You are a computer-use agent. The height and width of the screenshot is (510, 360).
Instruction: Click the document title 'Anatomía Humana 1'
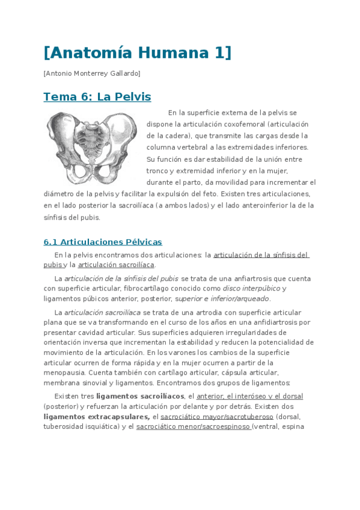[x=137, y=53]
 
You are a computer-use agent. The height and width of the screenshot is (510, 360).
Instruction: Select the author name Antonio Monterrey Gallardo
[x=92, y=73]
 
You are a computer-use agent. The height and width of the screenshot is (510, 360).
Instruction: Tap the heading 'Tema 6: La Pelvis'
[x=97, y=97]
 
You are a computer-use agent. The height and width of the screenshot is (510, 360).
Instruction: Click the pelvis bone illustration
[x=90, y=147]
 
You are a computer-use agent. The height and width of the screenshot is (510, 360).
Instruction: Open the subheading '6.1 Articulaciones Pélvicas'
[x=103, y=242]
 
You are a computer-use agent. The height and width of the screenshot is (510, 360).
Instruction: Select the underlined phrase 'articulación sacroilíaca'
[x=116, y=265]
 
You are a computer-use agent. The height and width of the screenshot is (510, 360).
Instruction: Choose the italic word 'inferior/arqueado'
[x=240, y=298]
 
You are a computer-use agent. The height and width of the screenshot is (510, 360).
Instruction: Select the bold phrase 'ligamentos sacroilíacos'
[x=140, y=396]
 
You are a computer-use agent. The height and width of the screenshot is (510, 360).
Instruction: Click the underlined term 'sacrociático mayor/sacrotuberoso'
[x=217, y=416]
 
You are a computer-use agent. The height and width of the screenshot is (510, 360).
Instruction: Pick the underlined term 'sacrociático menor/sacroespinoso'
[x=194, y=426]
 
